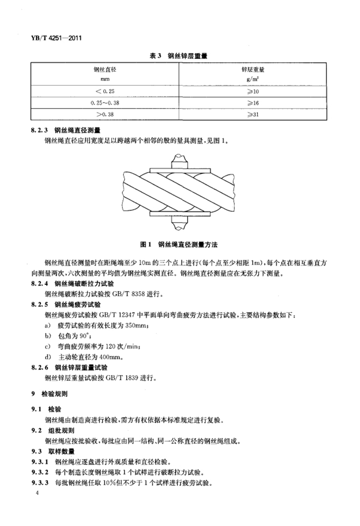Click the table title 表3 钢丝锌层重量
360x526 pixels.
point(180,56)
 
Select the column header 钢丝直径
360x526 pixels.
point(105,70)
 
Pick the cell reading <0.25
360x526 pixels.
point(105,90)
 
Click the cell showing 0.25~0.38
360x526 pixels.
point(105,102)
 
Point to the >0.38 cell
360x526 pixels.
point(105,115)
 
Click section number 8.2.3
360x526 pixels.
point(39,130)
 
